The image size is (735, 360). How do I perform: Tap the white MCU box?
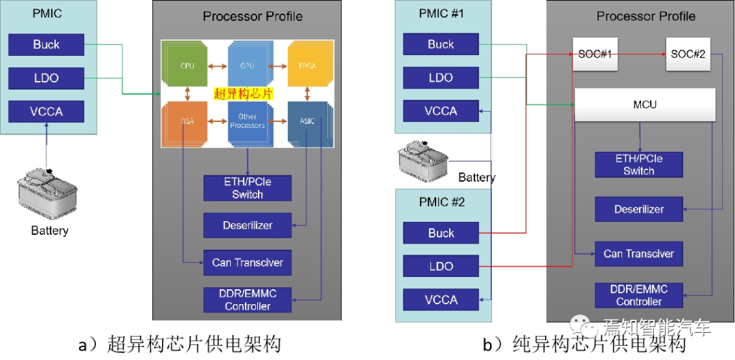[x=644, y=105]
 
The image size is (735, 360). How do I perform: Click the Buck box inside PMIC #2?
[x=440, y=233]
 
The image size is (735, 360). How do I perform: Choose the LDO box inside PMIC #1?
[x=440, y=78]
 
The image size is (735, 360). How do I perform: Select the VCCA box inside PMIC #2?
[x=440, y=299]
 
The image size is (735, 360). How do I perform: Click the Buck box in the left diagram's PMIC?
[x=46, y=45]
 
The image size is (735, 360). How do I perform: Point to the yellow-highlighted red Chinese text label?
[x=243, y=94]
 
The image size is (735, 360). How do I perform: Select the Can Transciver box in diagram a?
[x=247, y=262]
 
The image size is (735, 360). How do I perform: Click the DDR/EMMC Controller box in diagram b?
[x=638, y=295]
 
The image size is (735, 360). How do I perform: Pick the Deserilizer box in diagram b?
[x=638, y=209]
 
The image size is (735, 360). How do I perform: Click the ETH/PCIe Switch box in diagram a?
[x=247, y=188]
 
